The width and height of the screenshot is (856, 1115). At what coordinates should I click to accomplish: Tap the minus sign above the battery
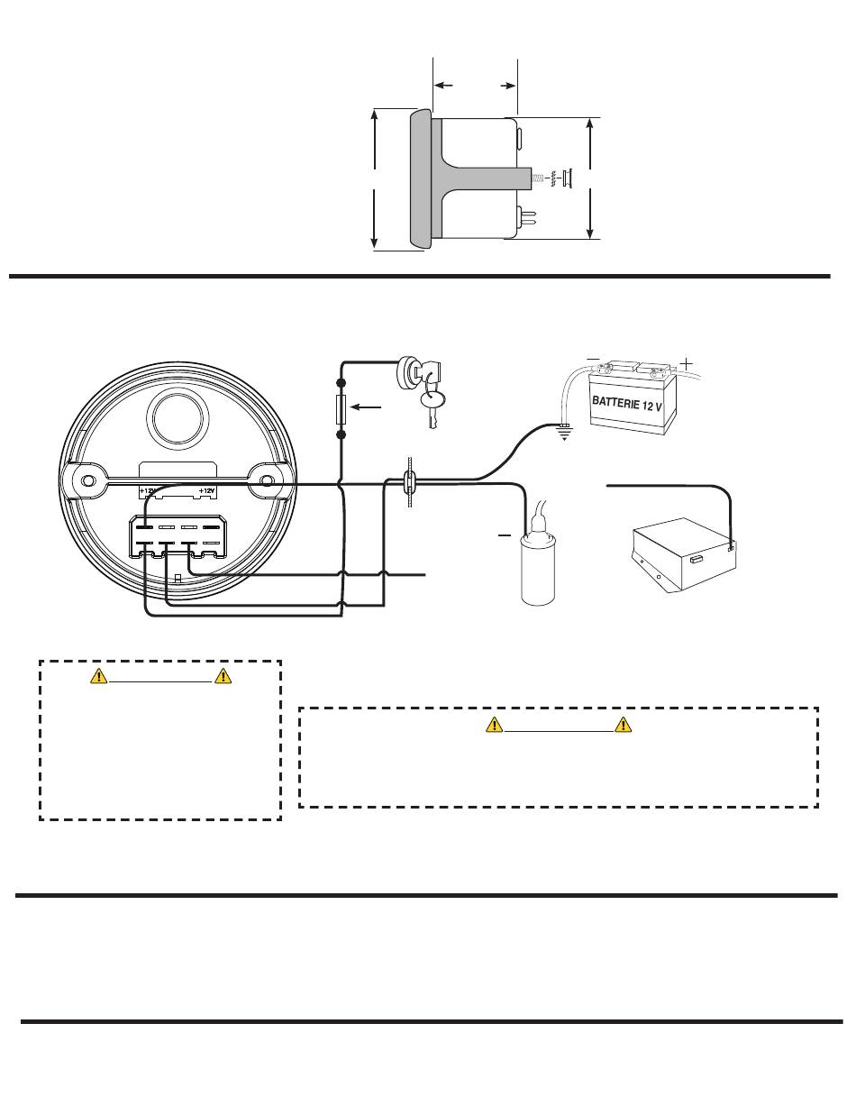(x=593, y=359)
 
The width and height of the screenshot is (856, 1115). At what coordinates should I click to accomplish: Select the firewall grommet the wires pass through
(x=408, y=484)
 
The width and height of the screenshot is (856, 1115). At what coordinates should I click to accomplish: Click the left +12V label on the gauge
(x=149, y=491)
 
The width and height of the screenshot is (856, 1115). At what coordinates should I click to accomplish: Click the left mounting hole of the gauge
(x=88, y=481)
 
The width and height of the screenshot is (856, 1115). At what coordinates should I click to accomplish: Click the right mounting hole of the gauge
(x=267, y=481)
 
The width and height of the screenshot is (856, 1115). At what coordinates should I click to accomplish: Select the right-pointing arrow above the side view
(x=508, y=86)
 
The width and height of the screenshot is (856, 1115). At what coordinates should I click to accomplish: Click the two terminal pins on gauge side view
(x=527, y=216)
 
